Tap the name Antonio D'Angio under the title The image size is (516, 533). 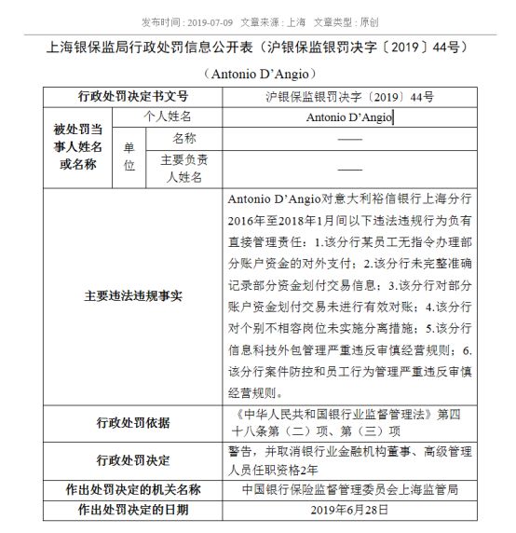coord(257,73)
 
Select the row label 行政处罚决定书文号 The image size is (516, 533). coord(132,96)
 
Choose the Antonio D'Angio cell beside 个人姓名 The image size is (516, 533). coord(349,117)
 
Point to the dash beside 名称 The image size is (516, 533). coord(349,138)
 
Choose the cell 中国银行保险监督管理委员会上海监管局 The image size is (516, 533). coord(349,490)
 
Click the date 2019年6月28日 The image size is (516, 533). coord(349,512)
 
